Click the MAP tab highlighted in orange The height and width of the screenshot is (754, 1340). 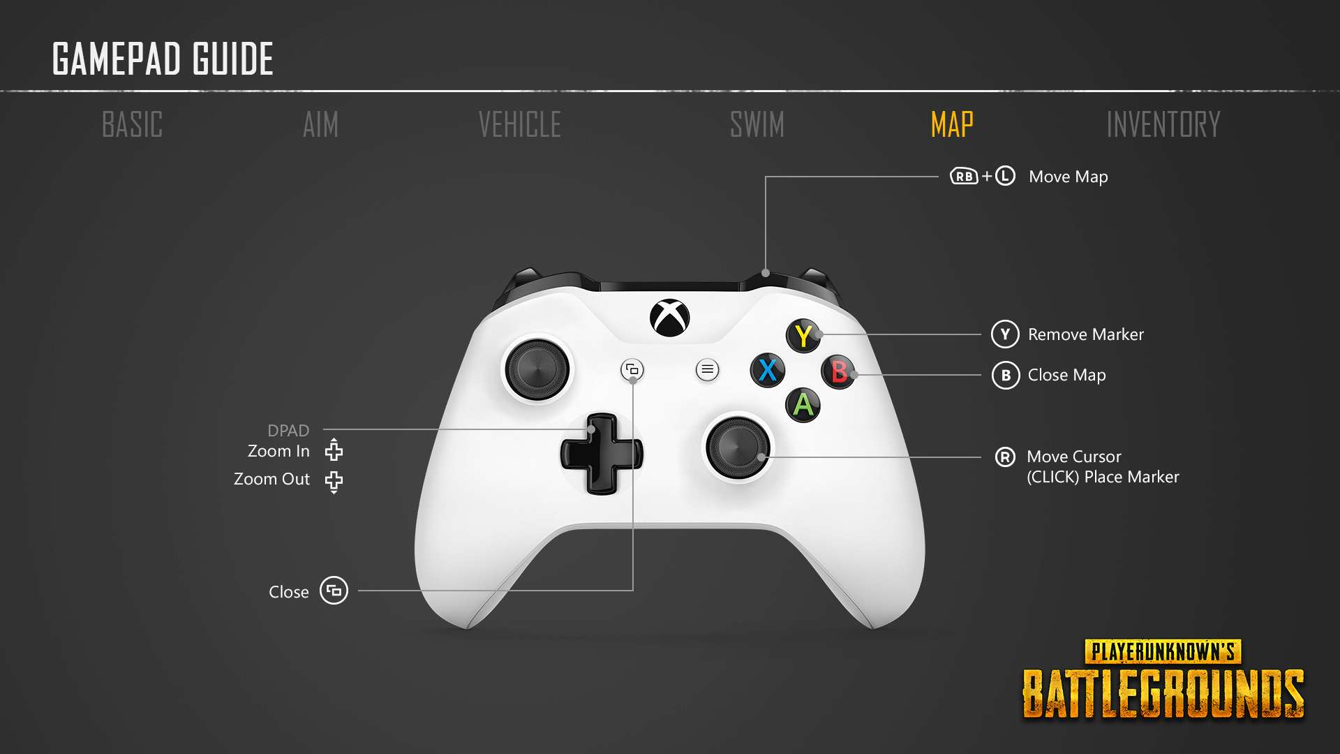[952, 125]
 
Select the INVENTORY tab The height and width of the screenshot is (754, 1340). [1163, 125]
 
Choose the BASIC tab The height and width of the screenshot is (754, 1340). [133, 125]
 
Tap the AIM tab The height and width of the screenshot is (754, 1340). [321, 125]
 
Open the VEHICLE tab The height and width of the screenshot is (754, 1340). [520, 125]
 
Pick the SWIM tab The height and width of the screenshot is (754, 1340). [757, 125]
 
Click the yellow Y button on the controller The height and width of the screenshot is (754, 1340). [803, 336]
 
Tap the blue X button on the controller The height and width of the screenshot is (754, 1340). [768, 370]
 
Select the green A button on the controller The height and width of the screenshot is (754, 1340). [803, 405]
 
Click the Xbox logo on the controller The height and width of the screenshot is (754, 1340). [670, 318]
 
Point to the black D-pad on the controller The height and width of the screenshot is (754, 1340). [601, 454]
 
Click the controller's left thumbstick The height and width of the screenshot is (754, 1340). [538, 369]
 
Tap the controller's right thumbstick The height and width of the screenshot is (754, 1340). [738, 448]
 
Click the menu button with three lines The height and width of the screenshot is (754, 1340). [707, 369]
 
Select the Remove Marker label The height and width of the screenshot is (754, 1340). [1086, 334]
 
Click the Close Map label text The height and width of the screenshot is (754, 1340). [1067, 375]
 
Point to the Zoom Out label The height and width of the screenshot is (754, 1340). [271, 479]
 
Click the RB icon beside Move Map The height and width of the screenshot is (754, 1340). [965, 176]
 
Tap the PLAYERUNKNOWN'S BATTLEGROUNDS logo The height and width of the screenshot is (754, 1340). [1163, 679]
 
